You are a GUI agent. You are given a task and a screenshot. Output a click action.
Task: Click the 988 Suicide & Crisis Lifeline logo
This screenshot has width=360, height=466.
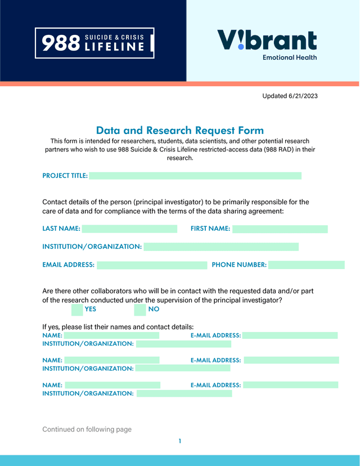tap(94, 43)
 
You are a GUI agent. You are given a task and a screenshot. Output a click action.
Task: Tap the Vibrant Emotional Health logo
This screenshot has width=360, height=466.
tap(267, 44)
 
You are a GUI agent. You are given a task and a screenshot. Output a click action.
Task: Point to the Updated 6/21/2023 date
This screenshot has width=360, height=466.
tap(290, 96)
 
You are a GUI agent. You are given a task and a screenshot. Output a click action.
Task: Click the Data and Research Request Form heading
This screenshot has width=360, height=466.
tap(179, 130)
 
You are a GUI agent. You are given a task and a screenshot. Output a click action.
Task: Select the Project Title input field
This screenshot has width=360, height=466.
tap(195, 176)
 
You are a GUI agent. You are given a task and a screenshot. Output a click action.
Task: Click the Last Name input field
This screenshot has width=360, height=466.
tap(129, 229)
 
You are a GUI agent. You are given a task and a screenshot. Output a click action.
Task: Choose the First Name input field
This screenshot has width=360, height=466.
tap(280, 229)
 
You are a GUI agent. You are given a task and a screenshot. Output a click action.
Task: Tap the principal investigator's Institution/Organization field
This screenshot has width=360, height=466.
tap(221, 247)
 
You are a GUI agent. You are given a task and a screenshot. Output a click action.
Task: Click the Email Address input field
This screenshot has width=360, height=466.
tap(152, 265)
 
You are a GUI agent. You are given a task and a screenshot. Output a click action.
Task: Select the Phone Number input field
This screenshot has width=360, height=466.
tap(306, 265)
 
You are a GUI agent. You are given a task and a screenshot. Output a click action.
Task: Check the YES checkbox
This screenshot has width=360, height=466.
tap(77, 309)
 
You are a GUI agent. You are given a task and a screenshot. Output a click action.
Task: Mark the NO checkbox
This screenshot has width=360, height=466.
tap(140, 309)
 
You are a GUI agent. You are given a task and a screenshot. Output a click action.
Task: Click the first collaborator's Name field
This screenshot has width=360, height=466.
tap(111, 335)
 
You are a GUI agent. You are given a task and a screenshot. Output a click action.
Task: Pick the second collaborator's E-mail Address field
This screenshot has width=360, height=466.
tap(291, 360)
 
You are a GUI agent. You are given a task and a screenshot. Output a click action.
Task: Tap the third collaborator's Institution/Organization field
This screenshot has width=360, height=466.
tap(184, 393)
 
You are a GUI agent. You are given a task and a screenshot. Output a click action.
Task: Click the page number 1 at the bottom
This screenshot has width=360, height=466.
tap(179, 441)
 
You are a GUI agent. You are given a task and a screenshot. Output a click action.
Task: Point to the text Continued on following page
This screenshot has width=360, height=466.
tap(87, 429)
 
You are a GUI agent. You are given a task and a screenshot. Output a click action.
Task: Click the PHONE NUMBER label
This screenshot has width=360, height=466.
tap(239, 265)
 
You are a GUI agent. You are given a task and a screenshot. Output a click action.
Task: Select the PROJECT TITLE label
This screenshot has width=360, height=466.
tap(65, 176)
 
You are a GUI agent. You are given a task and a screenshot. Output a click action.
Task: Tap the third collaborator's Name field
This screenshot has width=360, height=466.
tap(112, 385)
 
